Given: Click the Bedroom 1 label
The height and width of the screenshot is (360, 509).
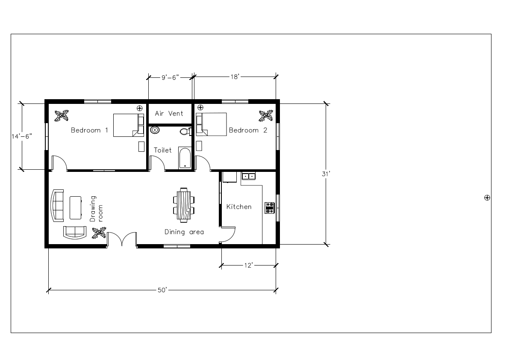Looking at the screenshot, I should pos(89,130).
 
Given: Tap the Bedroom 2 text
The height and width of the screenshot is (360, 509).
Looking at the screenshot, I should pos(248,130).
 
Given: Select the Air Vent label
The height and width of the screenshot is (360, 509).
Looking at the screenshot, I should pos(169,113).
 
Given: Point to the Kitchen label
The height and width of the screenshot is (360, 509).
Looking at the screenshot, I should pos(239,207).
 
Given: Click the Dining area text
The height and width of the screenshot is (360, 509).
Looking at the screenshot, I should pos(184,232).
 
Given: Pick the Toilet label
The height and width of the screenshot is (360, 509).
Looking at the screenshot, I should pos(162,150).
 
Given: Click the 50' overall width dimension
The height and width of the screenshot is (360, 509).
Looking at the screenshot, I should pos(162,290).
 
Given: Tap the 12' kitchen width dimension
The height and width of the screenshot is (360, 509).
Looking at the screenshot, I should pos(249,266).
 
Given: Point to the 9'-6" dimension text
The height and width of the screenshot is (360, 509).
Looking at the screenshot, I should pos(170,77).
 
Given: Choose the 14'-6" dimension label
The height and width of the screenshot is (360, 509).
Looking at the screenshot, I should pos(21,136).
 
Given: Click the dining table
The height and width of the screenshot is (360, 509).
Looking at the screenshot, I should pos(184,205).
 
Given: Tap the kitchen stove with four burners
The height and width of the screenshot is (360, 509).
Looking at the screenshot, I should pos(270,207).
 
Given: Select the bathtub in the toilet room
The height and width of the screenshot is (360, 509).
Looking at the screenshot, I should pos(184,158).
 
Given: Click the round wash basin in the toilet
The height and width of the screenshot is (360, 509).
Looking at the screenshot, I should pos(155,130).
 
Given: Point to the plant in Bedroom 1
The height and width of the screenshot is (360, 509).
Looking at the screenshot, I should pos(62,115).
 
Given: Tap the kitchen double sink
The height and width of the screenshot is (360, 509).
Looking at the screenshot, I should pos(248,176).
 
